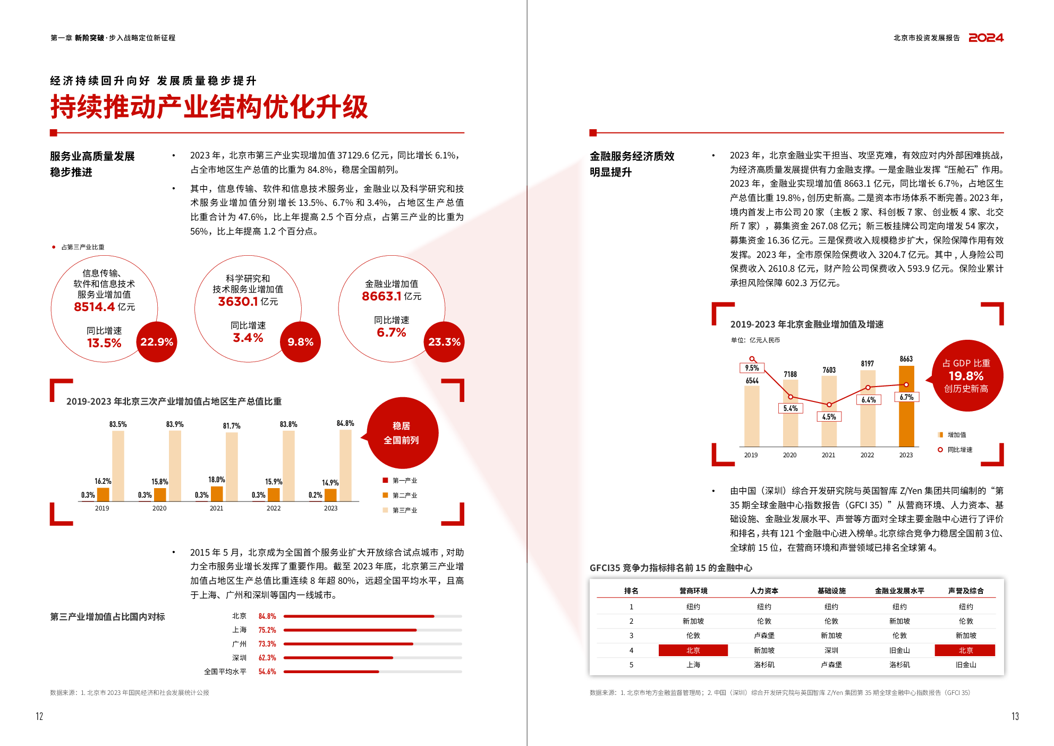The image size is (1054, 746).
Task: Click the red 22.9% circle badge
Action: [x=157, y=342]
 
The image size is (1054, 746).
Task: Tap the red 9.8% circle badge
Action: [x=301, y=342]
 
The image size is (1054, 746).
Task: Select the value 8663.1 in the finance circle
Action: [x=381, y=296]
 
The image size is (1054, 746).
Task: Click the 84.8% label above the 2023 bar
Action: [x=345, y=423]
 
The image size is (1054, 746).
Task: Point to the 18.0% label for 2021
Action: [x=217, y=480]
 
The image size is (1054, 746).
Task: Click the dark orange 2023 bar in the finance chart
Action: [x=906, y=406]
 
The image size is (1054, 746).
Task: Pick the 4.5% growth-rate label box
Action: [x=829, y=417]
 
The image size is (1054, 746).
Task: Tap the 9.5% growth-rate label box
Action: [x=752, y=368]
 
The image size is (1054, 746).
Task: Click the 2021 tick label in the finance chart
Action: [x=829, y=455]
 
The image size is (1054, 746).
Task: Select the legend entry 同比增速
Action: [x=960, y=450]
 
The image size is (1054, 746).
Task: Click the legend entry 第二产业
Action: [x=405, y=496]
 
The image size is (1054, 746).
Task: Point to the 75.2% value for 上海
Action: [x=267, y=630]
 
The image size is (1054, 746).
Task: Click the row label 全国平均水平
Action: [x=225, y=672]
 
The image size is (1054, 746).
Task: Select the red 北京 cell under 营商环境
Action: [x=693, y=650]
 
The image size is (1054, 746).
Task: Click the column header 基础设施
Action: [x=831, y=591]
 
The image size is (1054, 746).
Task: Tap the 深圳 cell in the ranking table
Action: [x=831, y=650]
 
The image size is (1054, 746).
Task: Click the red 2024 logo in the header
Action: [x=986, y=38]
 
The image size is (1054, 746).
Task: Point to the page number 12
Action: [x=39, y=716]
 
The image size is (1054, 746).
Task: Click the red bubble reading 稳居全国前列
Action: [x=402, y=433]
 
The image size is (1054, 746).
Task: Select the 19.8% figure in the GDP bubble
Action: [x=966, y=376]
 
